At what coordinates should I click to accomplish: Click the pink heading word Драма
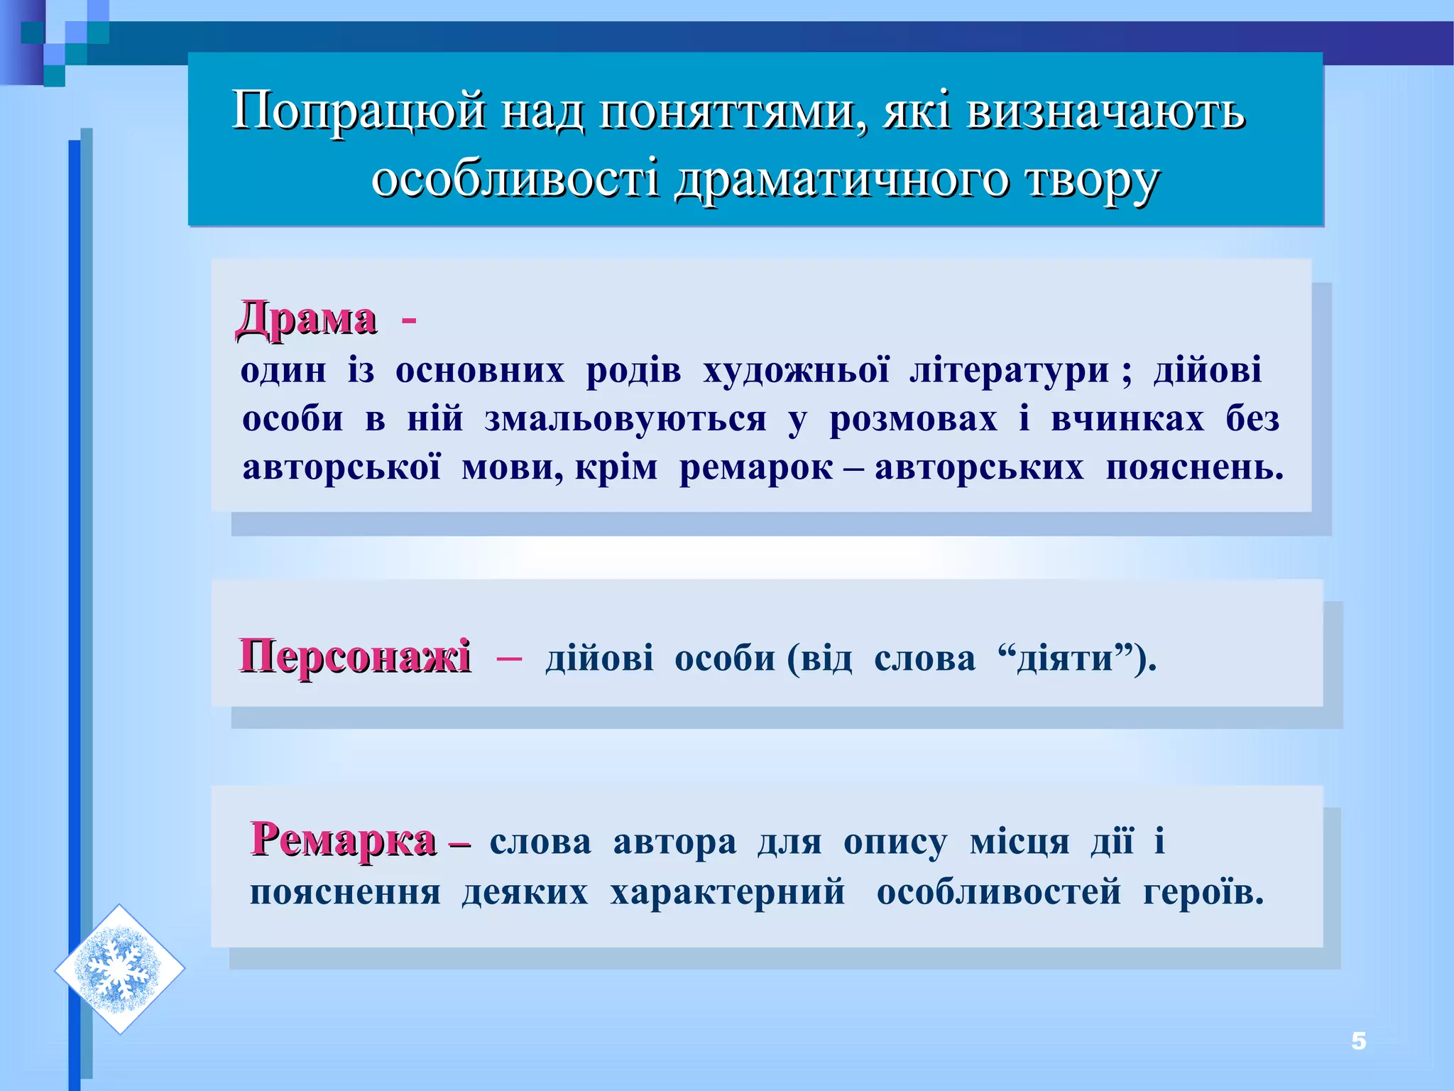pyautogui.click(x=306, y=318)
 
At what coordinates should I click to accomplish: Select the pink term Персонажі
pyautogui.click(x=354, y=656)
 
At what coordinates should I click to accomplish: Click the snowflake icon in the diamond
pyautogui.click(x=119, y=969)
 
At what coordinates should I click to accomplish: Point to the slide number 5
pyautogui.click(x=1358, y=1041)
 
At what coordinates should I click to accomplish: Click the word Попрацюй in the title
pyautogui.click(x=359, y=112)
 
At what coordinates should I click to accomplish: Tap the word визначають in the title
pyautogui.click(x=1105, y=112)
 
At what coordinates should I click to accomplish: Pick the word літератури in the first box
pyautogui.click(x=1008, y=371)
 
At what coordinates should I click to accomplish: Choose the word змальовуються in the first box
pyautogui.click(x=625, y=419)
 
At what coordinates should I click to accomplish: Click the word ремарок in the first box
pyautogui.click(x=755, y=468)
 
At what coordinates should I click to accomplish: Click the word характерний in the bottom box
pyautogui.click(x=728, y=891)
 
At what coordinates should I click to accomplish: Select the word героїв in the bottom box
pyautogui.click(x=1203, y=891)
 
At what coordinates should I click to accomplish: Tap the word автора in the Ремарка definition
pyautogui.click(x=674, y=842)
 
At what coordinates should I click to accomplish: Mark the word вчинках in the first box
pyautogui.click(x=1127, y=419)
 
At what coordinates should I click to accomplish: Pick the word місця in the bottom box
pyautogui.click(x=1019, y=842)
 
